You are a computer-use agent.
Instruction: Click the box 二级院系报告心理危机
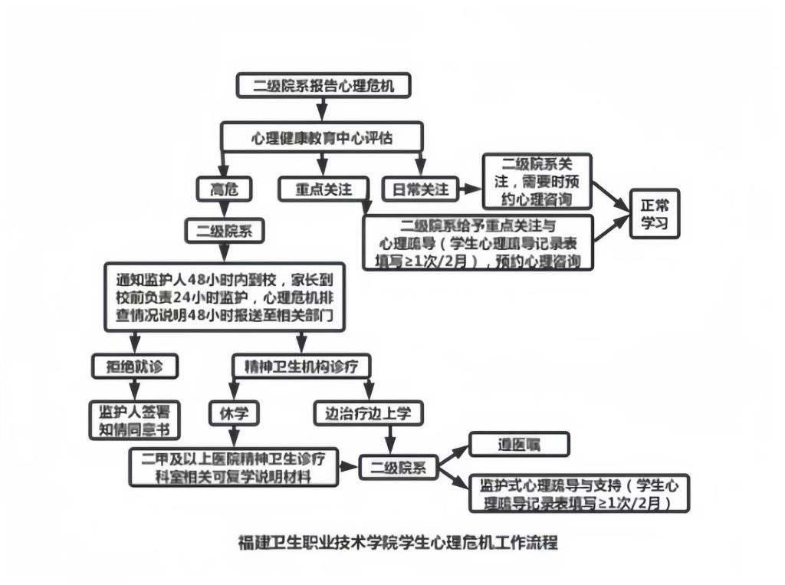coord(324,85)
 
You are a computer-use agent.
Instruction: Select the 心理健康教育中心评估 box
coord(324,137)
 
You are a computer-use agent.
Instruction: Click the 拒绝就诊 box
coord(135,366)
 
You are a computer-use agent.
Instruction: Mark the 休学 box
coord(234,414)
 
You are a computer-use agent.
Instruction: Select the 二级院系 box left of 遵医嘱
coord(399,466)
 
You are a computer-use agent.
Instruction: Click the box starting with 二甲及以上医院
coord(234,467)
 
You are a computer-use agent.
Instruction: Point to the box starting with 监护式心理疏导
coord(580,494)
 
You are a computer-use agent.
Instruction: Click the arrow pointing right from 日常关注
coord(468,188)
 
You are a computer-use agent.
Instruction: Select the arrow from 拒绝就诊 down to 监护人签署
coord(135,387)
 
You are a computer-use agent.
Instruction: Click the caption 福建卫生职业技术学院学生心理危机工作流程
coord(399,542)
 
